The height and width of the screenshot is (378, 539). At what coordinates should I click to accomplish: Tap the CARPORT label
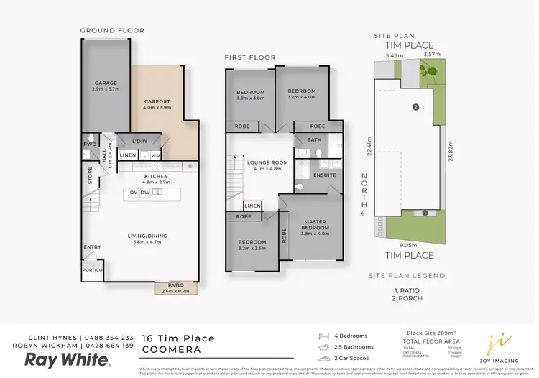pyautogui.click(x=157, y=101)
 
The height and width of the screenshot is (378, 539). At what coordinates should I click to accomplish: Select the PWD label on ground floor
pyautogui.click(x=89, y=144)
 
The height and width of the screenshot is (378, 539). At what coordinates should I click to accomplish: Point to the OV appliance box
pyautogui.click(x=134, y=193)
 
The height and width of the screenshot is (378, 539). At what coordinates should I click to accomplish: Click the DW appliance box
pyautogui.click(x=145, y=193)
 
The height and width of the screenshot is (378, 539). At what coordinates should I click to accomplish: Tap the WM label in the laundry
pyautogui.click(x=155, y=155)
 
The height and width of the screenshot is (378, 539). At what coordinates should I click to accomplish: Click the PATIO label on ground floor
pyautogui.click(x=175, y=285)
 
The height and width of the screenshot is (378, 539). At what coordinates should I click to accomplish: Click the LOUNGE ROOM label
pyautogui.click(x=267, y=162)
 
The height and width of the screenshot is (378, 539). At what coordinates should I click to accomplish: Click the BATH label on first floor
pyautogui.click(x=314, y=140)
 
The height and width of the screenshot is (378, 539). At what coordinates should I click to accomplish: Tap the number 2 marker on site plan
pyautogui.click(x=415, y=107)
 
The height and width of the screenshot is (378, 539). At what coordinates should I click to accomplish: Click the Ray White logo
pyautogui.click(x=68, y=359)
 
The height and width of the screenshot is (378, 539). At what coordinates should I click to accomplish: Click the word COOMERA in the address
pyautogui.click(x=168, y=350)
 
